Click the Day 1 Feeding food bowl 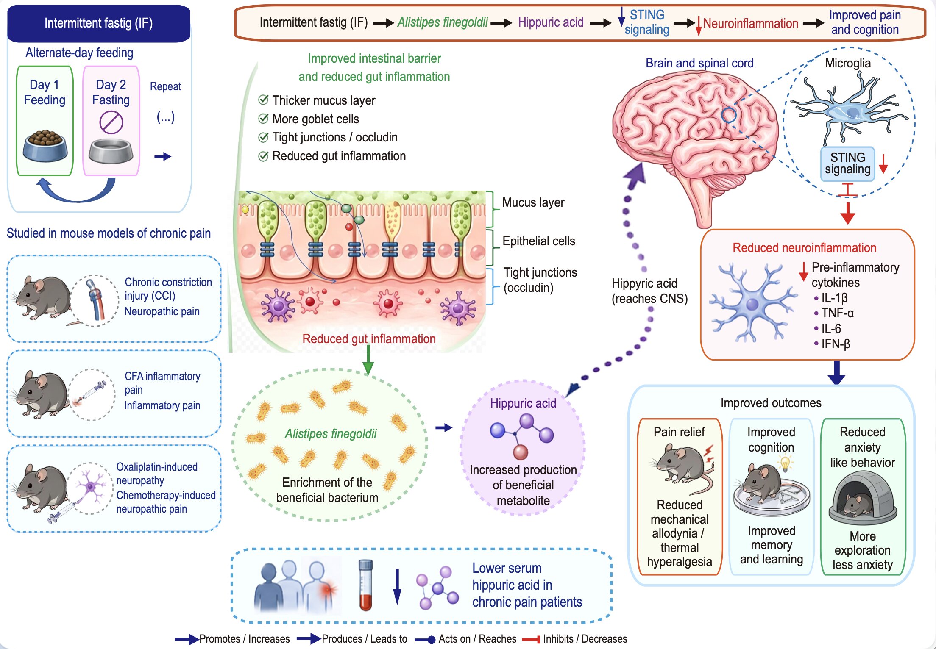(45, 146)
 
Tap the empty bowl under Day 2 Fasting (111, 151)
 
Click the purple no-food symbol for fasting (111, 122)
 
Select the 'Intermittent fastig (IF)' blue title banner (99, 23)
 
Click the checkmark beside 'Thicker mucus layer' (263, 100)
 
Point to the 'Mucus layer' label (533, 202)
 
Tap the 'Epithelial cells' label (539, 241)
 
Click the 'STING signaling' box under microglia (848, 164)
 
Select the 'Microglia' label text (848, 63)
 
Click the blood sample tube (365, 585)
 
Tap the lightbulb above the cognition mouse (786, 463)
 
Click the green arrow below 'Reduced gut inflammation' (368, 360)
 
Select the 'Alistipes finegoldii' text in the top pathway (443, 22)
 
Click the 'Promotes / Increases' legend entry (232, 639)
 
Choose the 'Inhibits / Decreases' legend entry (574, 639)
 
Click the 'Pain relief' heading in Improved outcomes (679, 432)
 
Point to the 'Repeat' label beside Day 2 (165, 86)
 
